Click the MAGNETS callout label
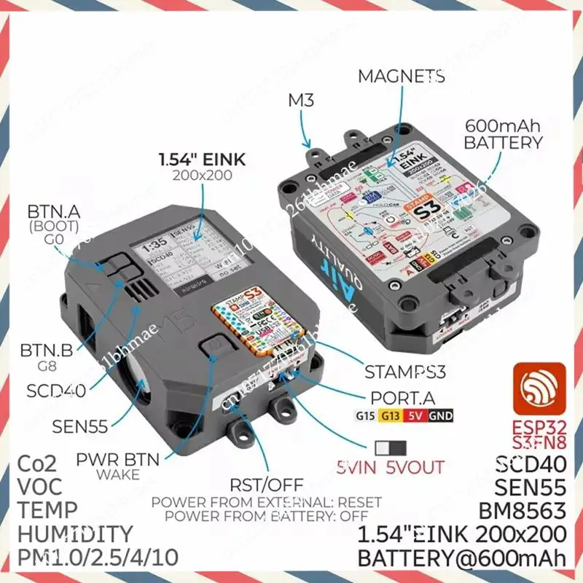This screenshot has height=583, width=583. [x=401, y=77]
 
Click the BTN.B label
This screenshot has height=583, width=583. [x=46, y=351]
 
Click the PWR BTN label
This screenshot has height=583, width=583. [x=114, y=461]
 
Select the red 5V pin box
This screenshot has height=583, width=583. [x=417, y=416]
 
